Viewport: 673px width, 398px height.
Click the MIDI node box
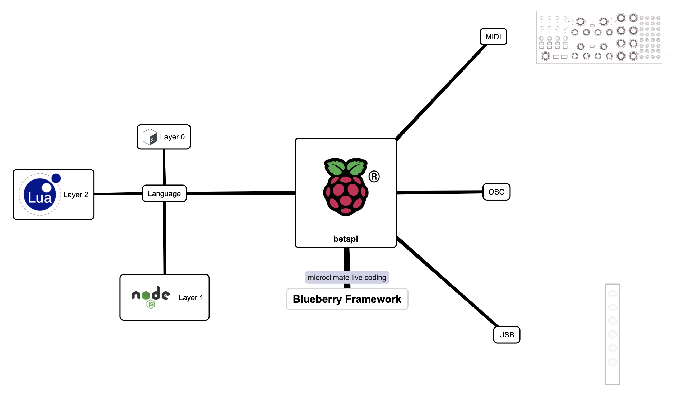493,37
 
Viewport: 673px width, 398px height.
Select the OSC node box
496,192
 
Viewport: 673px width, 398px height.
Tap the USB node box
507,335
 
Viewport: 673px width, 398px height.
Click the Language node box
164,193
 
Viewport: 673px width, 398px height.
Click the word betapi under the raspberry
346,239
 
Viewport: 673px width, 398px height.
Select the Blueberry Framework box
347,299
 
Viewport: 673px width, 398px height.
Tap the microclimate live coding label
347,277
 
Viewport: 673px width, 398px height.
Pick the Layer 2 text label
76,195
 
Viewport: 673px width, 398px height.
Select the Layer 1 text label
191,298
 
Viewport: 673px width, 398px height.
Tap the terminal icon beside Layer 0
150,137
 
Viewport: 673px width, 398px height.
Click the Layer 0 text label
172,137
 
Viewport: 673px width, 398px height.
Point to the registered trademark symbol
374,177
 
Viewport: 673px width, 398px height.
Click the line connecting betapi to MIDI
440,93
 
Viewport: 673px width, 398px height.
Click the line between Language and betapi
241,193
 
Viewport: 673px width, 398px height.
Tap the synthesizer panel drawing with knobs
599,37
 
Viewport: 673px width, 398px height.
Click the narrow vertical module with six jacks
612,334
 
